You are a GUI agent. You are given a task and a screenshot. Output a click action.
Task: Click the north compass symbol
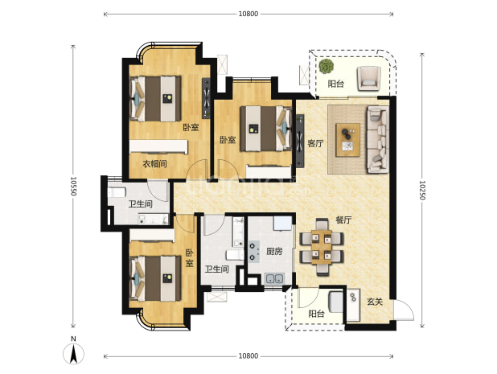pyautogui.click(x=73, y=353)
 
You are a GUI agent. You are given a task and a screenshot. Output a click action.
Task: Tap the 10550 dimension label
pyautogui.click(x=73, y=186)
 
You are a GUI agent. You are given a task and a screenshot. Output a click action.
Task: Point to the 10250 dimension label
pyautogui.click(x=422, y=191)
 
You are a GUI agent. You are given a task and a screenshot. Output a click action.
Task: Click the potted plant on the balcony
pyautogui.click(x=327, y=66)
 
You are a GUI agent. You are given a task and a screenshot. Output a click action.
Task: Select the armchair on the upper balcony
pyautogui.click(x=368, y=78)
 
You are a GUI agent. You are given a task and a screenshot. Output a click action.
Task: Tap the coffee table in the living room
pyautogui.click(x=348, y=140)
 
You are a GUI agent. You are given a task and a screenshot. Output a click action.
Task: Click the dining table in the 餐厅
pyautogui.click(x=322, y=247)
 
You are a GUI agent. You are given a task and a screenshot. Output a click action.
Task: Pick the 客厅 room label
pyautogui.click(x=315, y=144)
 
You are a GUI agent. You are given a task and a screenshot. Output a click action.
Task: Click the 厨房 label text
pyautogui.click(x=274, y=252)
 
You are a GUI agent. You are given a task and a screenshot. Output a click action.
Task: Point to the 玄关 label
pyautogui.click(x=375, y=302)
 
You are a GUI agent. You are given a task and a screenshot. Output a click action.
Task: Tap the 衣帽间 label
pyautogui.click(x=154, y=164)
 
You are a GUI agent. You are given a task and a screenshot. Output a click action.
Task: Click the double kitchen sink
pyautogui.click(x=274, y=279)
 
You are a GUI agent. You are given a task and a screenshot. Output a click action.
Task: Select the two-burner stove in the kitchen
pyautogui.click(x=254, y=252)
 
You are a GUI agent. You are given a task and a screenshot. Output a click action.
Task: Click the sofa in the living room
pyautogui.click(x=377, y=139)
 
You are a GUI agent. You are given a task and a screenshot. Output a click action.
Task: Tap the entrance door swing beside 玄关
pyautogui.click(x=404, y=310)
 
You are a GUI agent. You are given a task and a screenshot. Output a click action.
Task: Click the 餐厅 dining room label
pyautogui.click(x=344, y=220)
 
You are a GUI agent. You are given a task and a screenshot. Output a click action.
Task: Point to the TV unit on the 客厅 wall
pyautogui.click(x=300, y=141)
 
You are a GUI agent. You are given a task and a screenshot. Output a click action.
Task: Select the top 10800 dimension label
pyautogui.click(x=249, y=14)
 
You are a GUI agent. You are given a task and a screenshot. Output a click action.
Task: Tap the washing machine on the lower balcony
pyautogui.click(x=336, y=302)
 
